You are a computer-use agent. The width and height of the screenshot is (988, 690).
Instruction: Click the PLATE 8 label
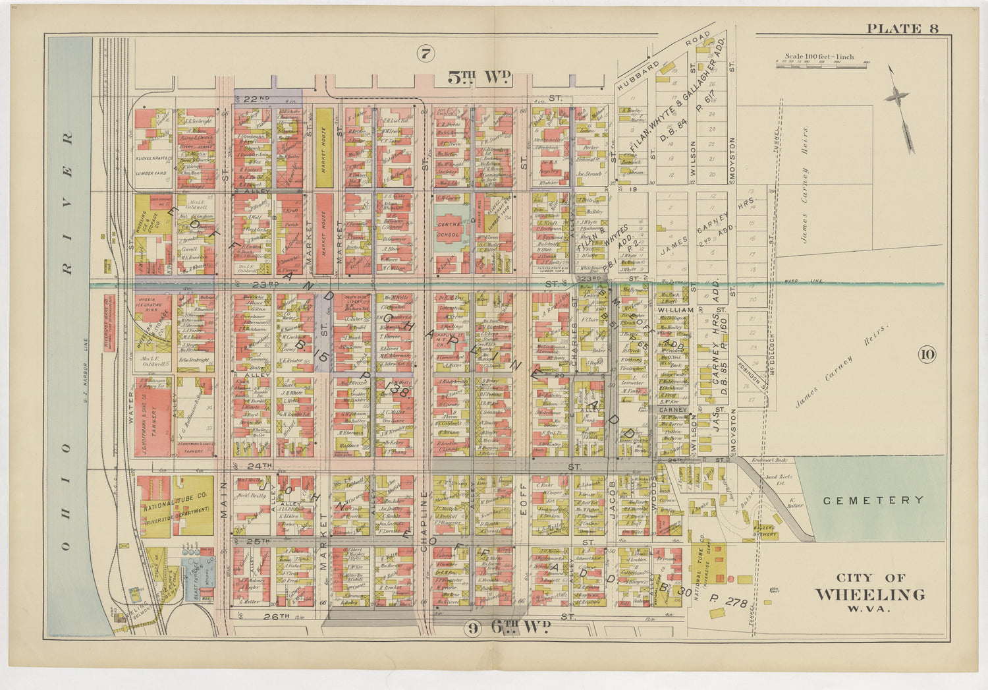pos(902,28)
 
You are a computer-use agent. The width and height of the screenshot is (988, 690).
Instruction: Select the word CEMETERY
pos(873,500)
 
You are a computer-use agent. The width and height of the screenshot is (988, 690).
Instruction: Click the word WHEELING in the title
pos(869,594)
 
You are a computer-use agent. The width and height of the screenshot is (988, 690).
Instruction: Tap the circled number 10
pos(927,355)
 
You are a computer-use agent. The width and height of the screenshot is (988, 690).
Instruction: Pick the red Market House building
pos(323,234)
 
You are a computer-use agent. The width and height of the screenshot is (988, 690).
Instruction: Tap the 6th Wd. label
pos(520,627)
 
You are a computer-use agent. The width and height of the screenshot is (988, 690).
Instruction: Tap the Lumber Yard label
pos(151,173)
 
